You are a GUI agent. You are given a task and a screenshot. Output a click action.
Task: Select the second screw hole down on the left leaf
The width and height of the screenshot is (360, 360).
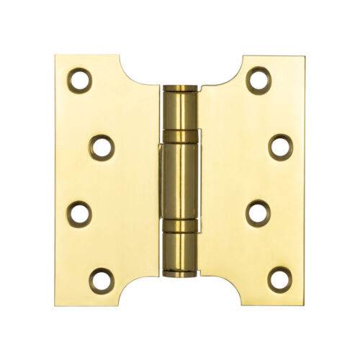(x=102, y=147)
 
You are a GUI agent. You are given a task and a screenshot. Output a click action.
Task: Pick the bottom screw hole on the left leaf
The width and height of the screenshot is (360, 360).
(x=101, y=279)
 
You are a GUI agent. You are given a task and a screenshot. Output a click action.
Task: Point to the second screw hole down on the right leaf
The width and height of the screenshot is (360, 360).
(x=280, y=146)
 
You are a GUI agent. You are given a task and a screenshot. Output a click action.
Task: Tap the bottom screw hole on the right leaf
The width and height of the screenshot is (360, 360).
(x=280, y=279)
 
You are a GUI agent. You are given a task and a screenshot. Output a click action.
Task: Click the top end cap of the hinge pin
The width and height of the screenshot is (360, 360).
(x=180, y=89)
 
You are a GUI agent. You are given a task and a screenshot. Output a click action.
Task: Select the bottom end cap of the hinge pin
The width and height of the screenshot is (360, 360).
(x=180, y=271)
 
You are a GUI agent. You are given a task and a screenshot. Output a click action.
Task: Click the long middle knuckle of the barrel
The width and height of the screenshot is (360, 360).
(x=180, y=180)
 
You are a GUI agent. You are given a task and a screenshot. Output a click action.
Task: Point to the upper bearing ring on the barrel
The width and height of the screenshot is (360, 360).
(x=180, y=135)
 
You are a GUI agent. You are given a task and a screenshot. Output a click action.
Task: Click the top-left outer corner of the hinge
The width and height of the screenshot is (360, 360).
(x=55, y=55)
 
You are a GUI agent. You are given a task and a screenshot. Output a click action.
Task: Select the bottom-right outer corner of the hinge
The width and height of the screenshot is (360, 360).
(x=305, y=305)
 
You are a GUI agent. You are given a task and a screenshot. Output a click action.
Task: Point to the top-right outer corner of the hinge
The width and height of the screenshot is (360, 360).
(x=305, y=55)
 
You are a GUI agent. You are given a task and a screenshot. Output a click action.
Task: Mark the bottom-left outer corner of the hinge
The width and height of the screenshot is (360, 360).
(x=55, y=305)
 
